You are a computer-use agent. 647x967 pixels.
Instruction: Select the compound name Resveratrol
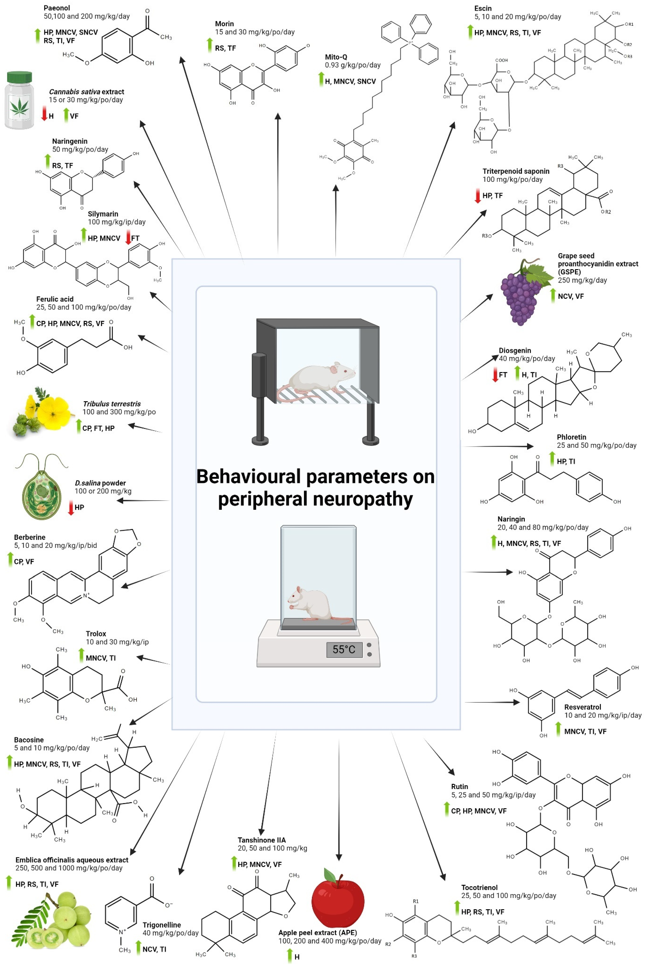click(x=582, y=707)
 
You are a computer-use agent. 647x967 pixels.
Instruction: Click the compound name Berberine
click(x=30, y=537)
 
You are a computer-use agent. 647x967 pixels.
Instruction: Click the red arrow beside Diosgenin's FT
click(x=495, y=375)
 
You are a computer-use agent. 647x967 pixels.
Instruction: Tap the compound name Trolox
click(x=96, y=634)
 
